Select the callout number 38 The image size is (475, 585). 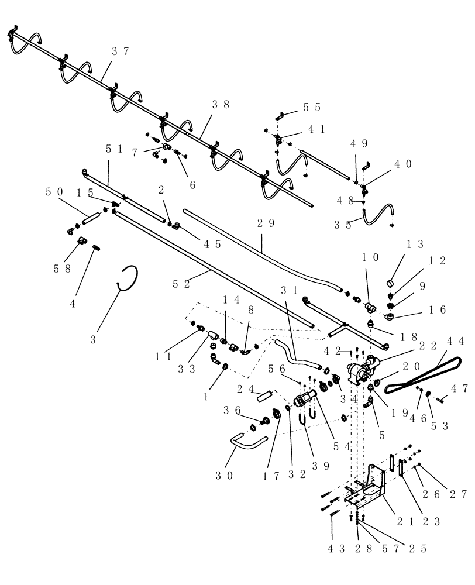tap(221, 105)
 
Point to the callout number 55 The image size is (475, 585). tap(312, 108)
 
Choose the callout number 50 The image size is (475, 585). tap(54, 192)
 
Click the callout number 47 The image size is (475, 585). tap(459, 388)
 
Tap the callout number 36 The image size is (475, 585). tap(231, 412)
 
